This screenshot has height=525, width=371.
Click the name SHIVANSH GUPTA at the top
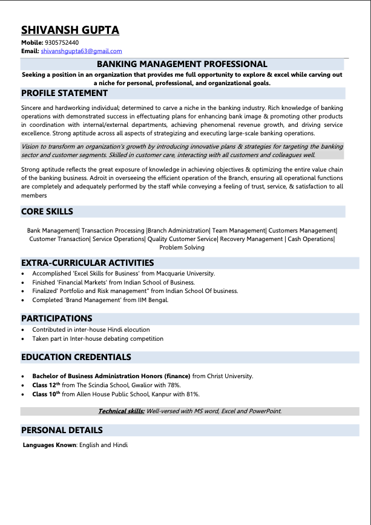coord(70,30)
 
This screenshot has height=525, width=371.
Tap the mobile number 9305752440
coord(62,43)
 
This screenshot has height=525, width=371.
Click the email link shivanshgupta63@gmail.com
coord(81,51)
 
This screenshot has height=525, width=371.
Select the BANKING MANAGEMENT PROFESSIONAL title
coord(182,64)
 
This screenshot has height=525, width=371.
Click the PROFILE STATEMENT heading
coord(64,93)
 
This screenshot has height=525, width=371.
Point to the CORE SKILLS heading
coord(47,211)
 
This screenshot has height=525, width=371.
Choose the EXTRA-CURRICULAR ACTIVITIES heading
coord(88,263)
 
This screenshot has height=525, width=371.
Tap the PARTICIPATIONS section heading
coord(57,318)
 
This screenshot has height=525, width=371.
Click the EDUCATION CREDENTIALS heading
coord(76,357)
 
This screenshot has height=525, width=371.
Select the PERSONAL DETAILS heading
coord(62,430)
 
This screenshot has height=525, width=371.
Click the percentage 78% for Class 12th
coord(174,385)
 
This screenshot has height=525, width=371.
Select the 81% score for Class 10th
coord(192,394)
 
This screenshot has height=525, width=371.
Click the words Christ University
coord(230,376)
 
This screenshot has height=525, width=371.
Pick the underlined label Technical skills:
coord(121,411)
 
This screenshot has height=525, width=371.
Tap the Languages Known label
coord(50,445)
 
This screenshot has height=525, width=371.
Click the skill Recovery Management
coord(251,239)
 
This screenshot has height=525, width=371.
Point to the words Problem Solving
coord(182,248)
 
